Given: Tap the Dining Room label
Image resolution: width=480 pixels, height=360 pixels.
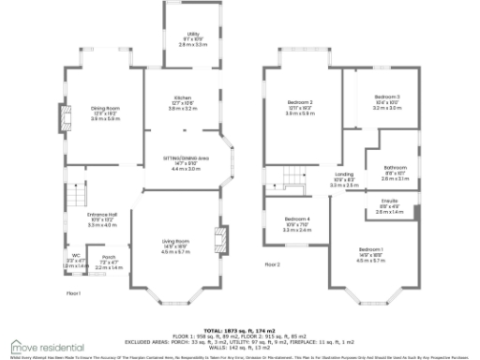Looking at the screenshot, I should (x=104, y=109).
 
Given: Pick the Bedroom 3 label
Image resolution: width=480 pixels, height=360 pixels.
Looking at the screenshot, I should (x=386, y=97).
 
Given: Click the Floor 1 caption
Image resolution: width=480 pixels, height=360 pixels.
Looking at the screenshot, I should (x=73, y=293).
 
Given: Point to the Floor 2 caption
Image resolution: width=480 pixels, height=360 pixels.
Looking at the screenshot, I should (x=273, y=264).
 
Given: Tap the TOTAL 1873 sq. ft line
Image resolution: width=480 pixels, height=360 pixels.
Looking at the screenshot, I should (x=238, y=331).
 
